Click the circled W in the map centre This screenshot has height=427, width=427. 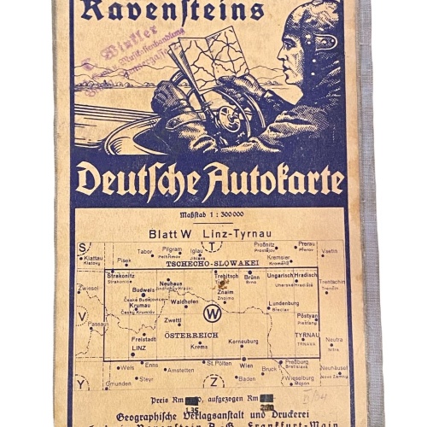click(213, 313)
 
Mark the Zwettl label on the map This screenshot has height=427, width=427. click(173, 320)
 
